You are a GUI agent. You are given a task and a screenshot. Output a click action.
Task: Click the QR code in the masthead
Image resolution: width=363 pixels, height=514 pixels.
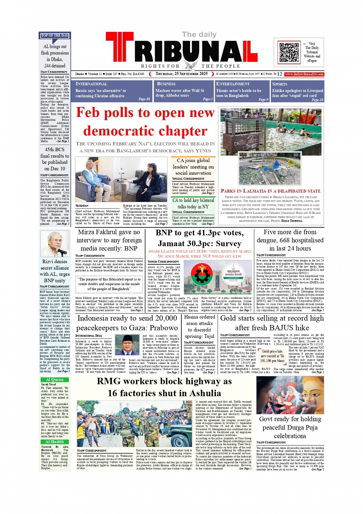289,52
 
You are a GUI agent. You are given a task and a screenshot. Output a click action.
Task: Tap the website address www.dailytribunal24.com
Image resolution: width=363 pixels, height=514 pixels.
304,74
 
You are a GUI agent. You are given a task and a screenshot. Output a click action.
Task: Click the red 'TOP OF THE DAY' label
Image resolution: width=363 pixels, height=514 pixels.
55,35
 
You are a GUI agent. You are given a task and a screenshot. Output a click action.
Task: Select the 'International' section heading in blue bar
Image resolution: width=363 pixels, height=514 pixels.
91,84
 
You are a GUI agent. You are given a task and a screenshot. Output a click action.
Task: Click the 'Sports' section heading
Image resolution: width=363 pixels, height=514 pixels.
280,84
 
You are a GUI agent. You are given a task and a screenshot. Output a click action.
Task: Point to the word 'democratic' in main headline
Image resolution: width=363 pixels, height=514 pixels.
145,131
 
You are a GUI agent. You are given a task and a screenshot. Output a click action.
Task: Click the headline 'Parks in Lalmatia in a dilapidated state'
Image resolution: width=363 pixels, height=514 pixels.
270,191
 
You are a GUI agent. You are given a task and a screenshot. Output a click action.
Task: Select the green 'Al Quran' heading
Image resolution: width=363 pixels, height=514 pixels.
55,380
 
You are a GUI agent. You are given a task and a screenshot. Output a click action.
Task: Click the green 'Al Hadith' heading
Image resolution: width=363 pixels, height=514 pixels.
55,442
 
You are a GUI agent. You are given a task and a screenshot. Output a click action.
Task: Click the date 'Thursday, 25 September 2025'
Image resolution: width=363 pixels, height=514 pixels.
181,74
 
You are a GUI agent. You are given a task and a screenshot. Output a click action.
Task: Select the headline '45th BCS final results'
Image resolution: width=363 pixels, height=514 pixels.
55,159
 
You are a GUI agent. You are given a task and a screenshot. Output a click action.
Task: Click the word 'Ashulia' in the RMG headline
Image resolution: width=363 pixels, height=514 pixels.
202,393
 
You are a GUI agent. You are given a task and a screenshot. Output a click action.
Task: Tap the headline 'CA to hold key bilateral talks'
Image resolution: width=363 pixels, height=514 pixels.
193,204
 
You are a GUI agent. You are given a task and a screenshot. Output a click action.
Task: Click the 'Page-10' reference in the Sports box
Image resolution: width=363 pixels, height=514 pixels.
317,100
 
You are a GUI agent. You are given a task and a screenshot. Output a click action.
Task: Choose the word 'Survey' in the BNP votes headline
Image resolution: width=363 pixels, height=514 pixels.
228,244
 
